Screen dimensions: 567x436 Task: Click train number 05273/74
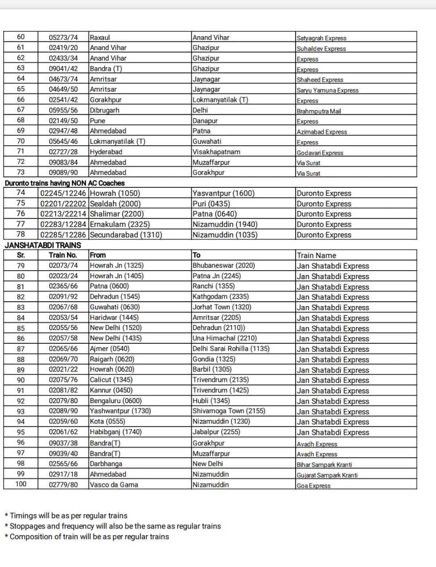tap(63, 37)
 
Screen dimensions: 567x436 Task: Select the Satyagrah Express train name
tap(321, 38)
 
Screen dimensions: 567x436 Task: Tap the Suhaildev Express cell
tap(321, 48)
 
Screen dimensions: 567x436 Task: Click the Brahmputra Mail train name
tap(319, 111)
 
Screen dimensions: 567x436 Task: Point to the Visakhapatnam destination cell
tap(216, 152)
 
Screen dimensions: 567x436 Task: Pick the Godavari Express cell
tap(319, 153)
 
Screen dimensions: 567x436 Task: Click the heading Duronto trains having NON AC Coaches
tap(65, 183)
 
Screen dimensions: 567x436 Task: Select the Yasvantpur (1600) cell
tap(223, 193)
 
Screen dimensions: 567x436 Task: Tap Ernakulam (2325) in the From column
tap(120, 224)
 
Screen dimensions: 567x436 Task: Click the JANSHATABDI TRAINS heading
tap(43, 245)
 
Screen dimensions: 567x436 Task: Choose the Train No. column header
tap(63, 255)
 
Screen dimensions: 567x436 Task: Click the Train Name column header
tap(316, 256)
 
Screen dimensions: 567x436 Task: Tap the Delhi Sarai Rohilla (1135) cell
tap(231, 349)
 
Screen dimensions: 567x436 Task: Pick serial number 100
tap(21, 484)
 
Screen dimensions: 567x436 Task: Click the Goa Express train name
tap(313, 485)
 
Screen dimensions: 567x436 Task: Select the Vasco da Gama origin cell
tap(114, 485)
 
